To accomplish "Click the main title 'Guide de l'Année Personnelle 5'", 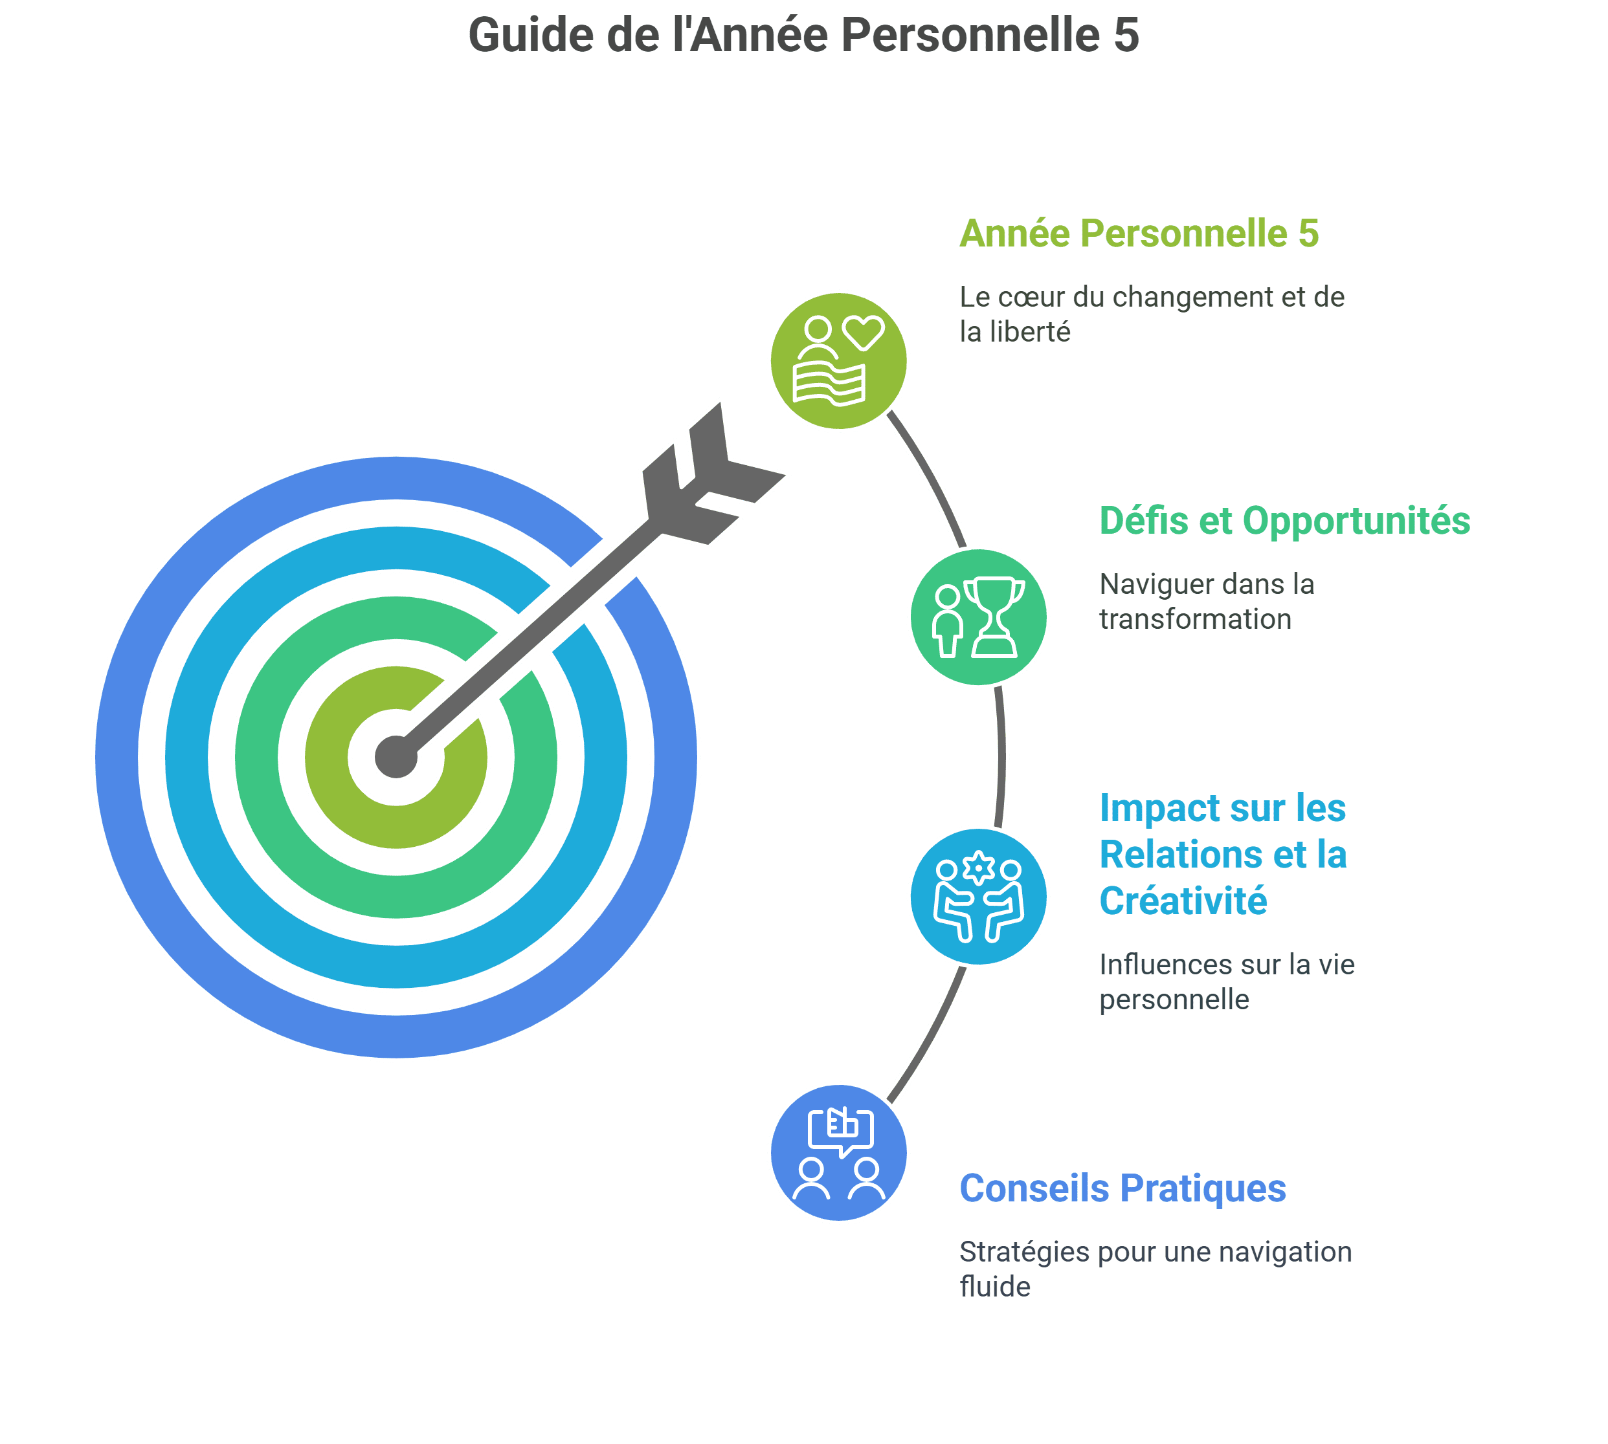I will [x=803, y=36].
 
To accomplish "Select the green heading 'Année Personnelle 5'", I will [x=1139, y=234].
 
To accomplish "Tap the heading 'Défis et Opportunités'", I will [x=1284, y=521].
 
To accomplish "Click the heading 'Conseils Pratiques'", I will [x=1122, y=1188].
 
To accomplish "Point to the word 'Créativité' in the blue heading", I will [x=1183, y=901].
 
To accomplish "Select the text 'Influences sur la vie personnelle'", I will [x=1226, y=981].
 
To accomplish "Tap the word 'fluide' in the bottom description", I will [x=994, y=1287].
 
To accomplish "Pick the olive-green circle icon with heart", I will [x=838, y=361].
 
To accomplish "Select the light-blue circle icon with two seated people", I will [x=978, y=897].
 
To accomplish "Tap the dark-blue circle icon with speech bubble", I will [x=838, y=1153].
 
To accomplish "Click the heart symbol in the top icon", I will [x=864, y=333].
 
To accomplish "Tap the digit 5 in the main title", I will [x=1126, y=36].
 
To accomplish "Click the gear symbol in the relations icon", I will [x=979, y=868].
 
